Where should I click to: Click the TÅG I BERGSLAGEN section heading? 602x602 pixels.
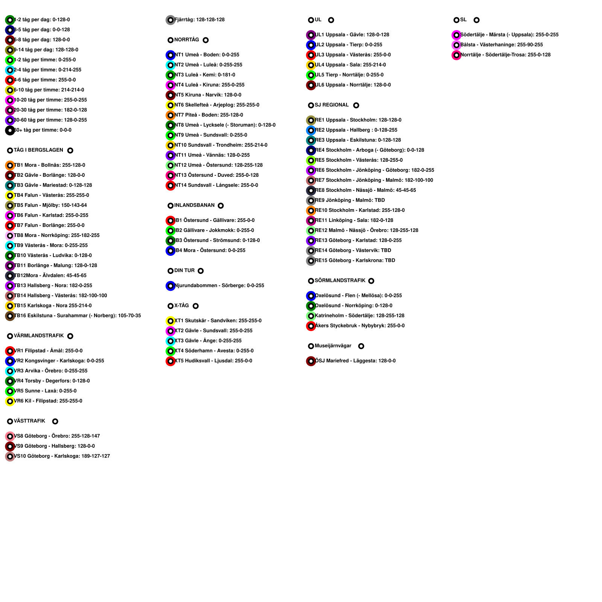pos(38,150)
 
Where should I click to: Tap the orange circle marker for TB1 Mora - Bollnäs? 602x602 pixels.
pos(10,166)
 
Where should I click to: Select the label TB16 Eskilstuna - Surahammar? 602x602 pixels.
pos(78,316)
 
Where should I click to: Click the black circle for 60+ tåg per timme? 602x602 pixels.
pos(10,131)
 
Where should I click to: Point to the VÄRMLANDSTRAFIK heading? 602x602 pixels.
pos(39,336)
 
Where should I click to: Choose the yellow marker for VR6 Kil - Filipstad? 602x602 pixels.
pos(10,401)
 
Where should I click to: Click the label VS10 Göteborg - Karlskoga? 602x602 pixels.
pos(62,456)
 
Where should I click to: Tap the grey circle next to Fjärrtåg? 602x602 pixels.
pos(170,20)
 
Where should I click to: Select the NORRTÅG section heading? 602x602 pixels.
pos(187,40)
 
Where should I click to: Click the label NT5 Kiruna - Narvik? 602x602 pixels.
pos(208,95)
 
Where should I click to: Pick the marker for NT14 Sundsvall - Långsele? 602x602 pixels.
pos(170,185)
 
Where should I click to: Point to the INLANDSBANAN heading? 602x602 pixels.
pos(194,205)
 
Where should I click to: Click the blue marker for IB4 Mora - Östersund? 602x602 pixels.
pos(170,251)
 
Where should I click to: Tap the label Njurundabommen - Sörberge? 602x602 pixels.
pos(219,286)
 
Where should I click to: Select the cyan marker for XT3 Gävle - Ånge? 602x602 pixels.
pos(170,341)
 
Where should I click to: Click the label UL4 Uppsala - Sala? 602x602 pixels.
pos(351,65)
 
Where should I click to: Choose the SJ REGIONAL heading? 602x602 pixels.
pos(332,105)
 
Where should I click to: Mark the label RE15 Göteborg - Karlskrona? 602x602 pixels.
pos(355,260)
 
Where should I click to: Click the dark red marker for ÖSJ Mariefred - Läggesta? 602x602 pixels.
pos(311,361)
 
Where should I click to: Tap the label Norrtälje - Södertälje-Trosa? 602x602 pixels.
pos(506,55)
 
